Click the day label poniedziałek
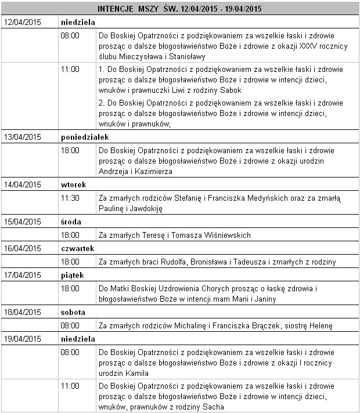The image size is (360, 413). point(85,137)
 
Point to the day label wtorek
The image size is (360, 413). point(74,184)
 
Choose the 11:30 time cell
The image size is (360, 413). point(70,198)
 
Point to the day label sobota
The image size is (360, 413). point(73,312)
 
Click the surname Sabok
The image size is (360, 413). point(230,90)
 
